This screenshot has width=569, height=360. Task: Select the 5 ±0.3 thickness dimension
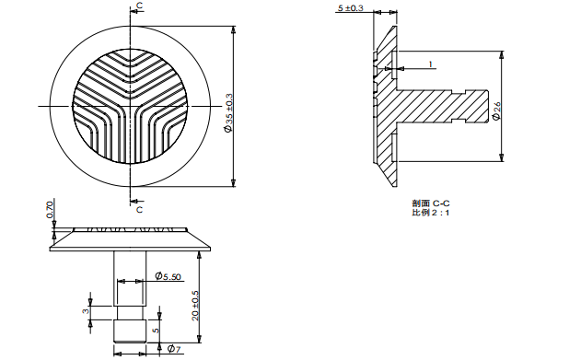351,8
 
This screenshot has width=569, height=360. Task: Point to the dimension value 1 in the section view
429,64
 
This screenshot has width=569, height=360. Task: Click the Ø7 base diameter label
173,348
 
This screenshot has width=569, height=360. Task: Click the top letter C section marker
139,6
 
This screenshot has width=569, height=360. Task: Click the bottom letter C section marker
139,209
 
